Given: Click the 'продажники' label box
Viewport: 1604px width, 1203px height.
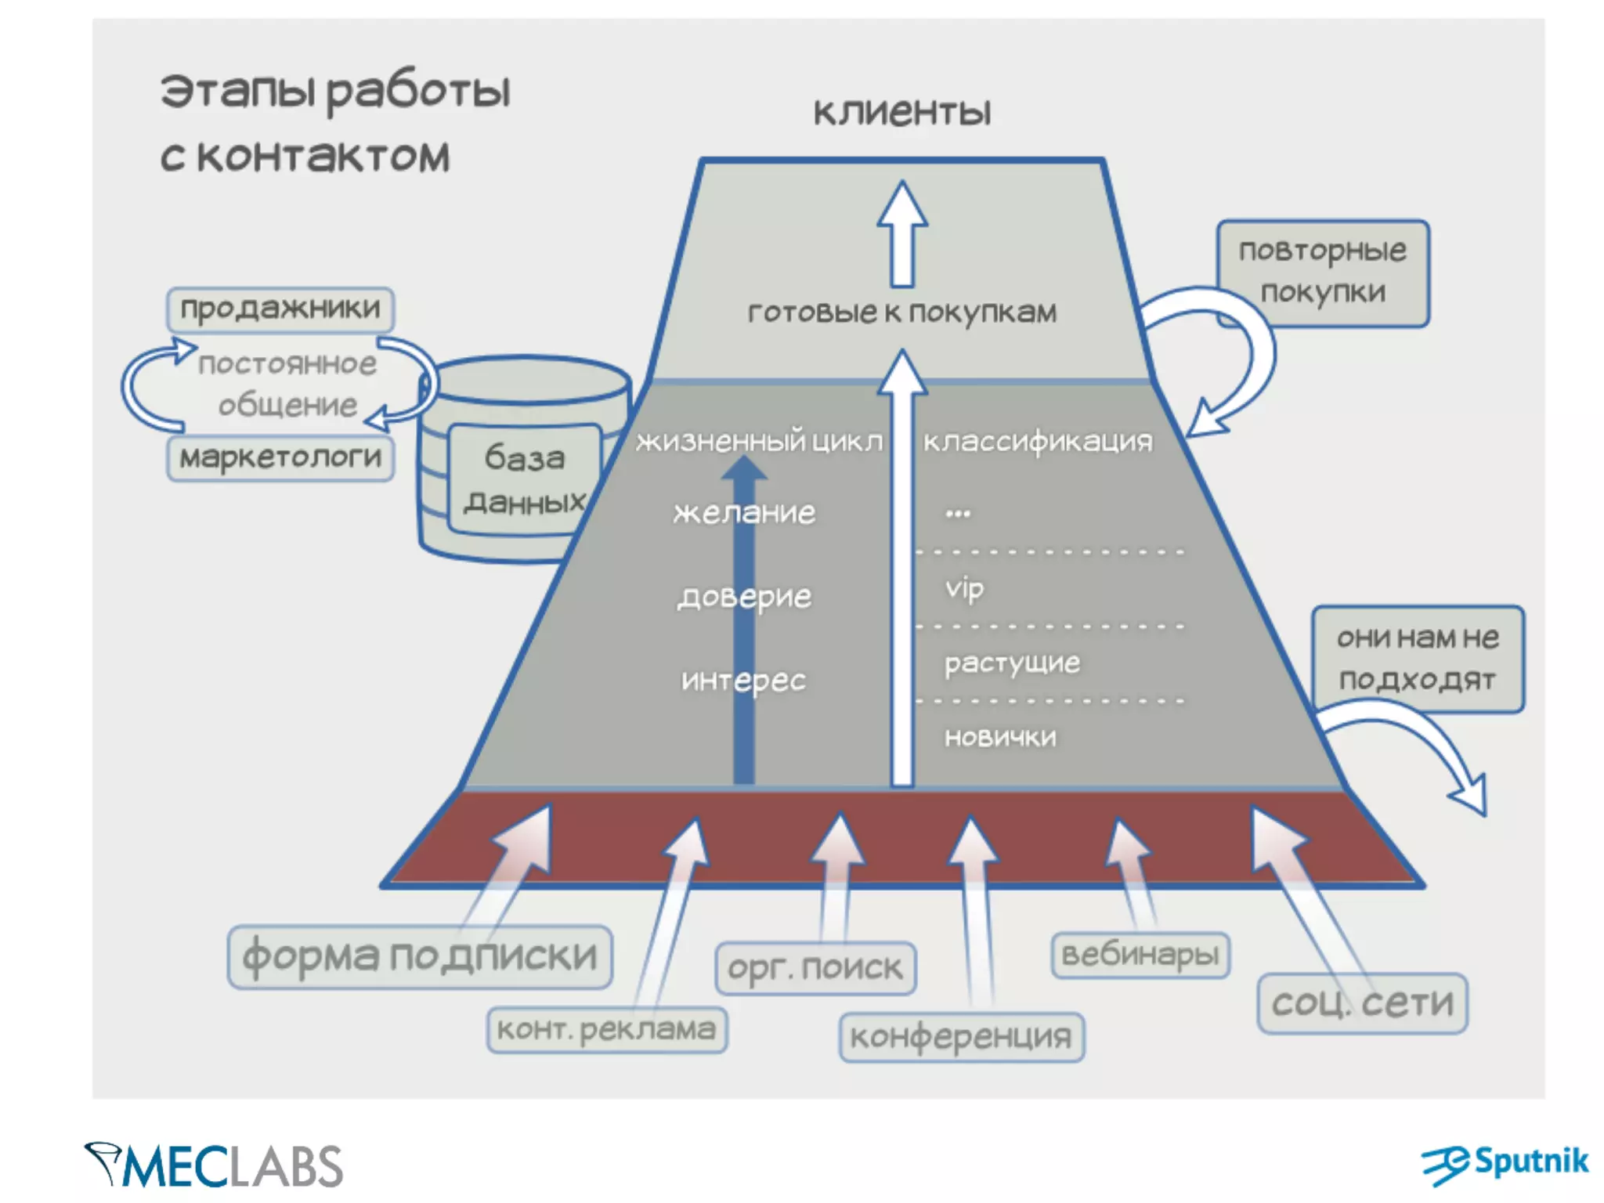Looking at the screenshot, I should pos(280,309).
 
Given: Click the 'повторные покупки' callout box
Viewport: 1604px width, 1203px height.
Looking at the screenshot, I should pos(1323,271).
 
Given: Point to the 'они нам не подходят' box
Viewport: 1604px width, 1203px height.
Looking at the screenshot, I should pos(1418,659).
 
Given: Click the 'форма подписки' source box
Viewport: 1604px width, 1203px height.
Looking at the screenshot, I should pos(420,957).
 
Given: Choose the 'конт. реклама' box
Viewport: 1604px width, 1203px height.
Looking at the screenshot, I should pos(607,1030).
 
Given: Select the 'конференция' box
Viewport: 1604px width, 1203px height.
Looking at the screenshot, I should pos(961,1038).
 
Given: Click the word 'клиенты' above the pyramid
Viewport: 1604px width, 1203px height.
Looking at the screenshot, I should pos(902,112).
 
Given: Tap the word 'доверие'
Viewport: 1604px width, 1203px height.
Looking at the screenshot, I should pos(744,598).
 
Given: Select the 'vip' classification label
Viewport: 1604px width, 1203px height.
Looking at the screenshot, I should pos(964,588).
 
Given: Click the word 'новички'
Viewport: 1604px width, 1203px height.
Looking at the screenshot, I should pos(1000,737).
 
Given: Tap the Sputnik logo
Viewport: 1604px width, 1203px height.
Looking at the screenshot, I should pos(1505,1164).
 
